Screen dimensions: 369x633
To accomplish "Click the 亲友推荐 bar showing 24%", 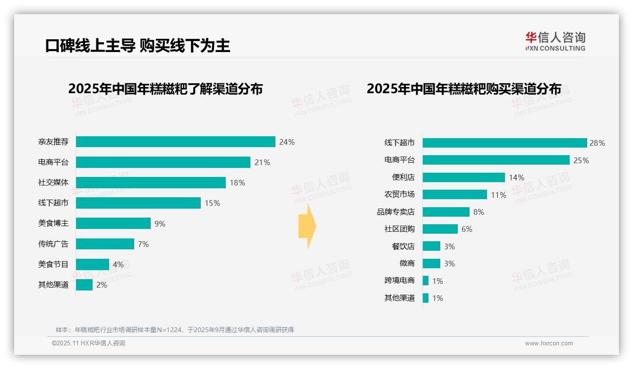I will coord(175,142).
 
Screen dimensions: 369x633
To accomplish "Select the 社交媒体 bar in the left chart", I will coord(151,183).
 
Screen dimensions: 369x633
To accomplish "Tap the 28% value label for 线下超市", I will coord(597,143).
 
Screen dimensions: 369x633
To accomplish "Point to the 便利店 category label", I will coord(403,177).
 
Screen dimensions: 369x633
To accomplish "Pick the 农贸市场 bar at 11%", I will coord(454,194).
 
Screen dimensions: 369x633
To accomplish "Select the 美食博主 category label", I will coord(53,223).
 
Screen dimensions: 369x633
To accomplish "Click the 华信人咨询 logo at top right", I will coord(555,41).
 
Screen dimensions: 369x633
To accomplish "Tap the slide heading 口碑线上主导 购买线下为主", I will coord(137,45).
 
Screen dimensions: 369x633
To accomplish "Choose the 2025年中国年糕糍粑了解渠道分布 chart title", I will coord(165,89).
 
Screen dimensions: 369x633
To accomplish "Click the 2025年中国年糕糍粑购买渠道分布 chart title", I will coord(464,89).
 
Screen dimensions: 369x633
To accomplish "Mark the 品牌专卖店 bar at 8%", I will coord(446,212).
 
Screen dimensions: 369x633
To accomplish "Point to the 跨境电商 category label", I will coord(400,281).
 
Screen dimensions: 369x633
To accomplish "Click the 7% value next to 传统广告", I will coord(144,244).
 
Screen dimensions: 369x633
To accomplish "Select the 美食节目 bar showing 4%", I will coord(93,264).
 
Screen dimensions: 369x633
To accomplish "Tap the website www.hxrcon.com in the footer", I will coord(549,343).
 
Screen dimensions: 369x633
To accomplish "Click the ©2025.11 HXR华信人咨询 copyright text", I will coord(88,343).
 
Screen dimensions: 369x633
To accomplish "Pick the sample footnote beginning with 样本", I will coord(175,330).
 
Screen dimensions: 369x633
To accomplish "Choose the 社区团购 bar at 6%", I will coord(440,229).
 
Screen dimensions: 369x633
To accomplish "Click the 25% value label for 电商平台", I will coord(581,160).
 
